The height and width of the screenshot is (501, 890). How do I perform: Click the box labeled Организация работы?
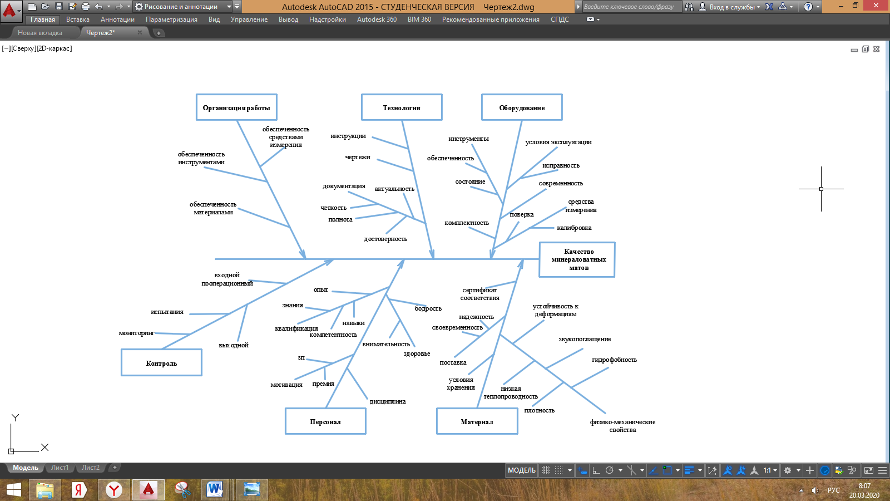[x=236, y=107]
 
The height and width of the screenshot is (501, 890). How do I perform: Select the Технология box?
[x=402, y=107]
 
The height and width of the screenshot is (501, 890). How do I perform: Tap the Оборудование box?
[x=522, y=107]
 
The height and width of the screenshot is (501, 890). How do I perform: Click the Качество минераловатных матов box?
[x=577, y=259]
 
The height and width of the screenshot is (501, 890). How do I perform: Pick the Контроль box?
[x=161, y=363]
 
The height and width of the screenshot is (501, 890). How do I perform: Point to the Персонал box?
[x=325, y=421]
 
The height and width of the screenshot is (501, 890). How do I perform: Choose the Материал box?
[x=477, y=421]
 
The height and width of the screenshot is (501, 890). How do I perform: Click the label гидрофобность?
[x=614, y=360]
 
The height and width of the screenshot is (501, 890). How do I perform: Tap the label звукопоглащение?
[x=585, y=339]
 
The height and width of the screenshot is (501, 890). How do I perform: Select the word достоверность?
[x=385, y=239]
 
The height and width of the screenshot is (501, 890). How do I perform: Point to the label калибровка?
[x=574, y=228]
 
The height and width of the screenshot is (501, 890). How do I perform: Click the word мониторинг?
[x=136, y=333]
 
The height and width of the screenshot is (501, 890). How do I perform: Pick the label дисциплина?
[x=388, y=401]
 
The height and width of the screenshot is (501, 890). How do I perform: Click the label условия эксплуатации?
[x=558, y=142]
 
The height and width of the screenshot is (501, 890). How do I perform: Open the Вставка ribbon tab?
[x=78, y=19]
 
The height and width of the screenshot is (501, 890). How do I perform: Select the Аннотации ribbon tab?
[x=117, y=19]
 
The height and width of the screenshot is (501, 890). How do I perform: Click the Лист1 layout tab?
[x=60, y=468]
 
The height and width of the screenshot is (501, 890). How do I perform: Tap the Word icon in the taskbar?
[x=214, y=489]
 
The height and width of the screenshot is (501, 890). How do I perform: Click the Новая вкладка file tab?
[x=40, y=33]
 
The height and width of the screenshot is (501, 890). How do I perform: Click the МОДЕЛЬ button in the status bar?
[x=521, y=470]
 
